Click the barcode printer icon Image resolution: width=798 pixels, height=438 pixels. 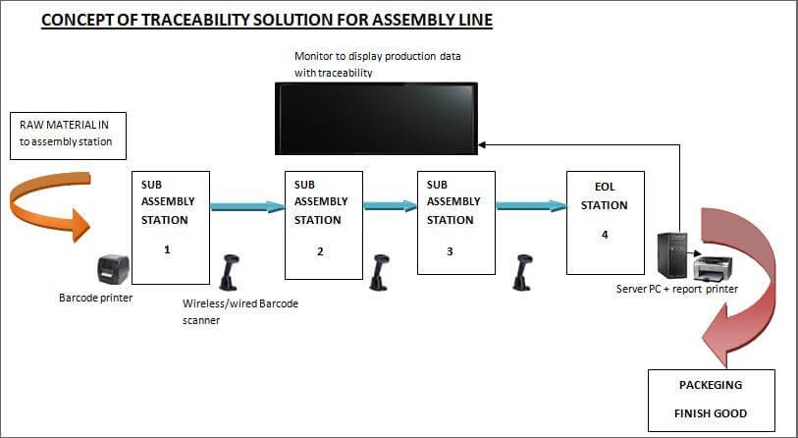[114, 269]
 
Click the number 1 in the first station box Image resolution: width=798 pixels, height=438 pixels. [167, 249]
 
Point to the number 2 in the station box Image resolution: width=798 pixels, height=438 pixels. [320, 251]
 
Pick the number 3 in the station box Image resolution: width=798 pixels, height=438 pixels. [450, 251]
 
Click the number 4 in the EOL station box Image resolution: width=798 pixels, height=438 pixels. [605, 235]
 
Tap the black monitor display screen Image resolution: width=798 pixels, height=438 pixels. [376, 118]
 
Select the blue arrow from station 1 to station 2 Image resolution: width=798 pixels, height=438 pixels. [247, 206]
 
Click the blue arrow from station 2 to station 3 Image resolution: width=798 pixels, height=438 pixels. [391, 206]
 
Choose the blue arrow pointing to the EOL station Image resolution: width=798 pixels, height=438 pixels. [531, 206]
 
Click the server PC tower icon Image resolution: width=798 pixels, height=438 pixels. [671, 255]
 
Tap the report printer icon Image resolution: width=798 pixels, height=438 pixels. [713, 267]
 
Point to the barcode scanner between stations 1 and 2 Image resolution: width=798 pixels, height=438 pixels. [229, 272]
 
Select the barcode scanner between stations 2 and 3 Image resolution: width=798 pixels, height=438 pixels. [380, 272]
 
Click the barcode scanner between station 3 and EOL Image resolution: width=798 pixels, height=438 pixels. [522, 272]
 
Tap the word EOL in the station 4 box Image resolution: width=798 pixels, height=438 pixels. [605, 187]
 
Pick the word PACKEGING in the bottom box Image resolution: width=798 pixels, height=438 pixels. [711, 385]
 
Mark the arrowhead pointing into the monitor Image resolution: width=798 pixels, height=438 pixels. [481, 144]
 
